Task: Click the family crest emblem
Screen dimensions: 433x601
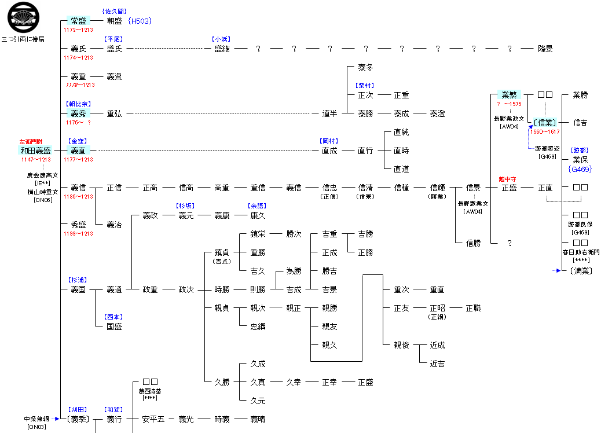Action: pyautogui.click(x=24, y=17)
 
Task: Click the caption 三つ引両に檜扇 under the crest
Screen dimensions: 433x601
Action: pyautogui.click(x=23, y=39)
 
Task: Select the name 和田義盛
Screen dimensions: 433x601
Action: pyautogui.click(x=36, y=151)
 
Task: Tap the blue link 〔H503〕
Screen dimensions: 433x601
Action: pyautogui.click(x=139, y=21)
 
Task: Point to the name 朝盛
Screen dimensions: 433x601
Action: pyautogui.click(x=114, y=21)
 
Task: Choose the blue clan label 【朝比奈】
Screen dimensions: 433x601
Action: pyautogui.click(x=78, y=104)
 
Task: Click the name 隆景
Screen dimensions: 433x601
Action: pyautogui.click(x=545, y=49)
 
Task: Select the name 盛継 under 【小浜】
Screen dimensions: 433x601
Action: pyautogui.click(x=222, y=49)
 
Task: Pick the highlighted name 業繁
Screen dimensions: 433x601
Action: pyautogui.click(x=509, y=95)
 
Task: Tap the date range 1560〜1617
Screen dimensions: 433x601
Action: pyautogui.click(x=545, y=132)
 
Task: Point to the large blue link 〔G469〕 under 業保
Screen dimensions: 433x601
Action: pyautogui.click(x=581, y=169)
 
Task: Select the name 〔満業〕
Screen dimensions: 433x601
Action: pyautogui.click(x=580, y=271)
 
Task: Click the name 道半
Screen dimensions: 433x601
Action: pyautogui.click(x=329, y=113)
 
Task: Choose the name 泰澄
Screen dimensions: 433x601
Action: pyautogui.click(x=437, y=113)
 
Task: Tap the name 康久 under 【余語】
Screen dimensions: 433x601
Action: pyautogui.click(x=258, y=215)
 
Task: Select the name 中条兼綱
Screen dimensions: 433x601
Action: pyautogui.click(x=35, y=419)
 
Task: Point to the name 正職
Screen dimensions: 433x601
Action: pyautogui.click(x=473, y=308)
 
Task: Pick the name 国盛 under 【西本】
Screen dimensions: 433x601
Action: pyautogui.click(x=114, y=326)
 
